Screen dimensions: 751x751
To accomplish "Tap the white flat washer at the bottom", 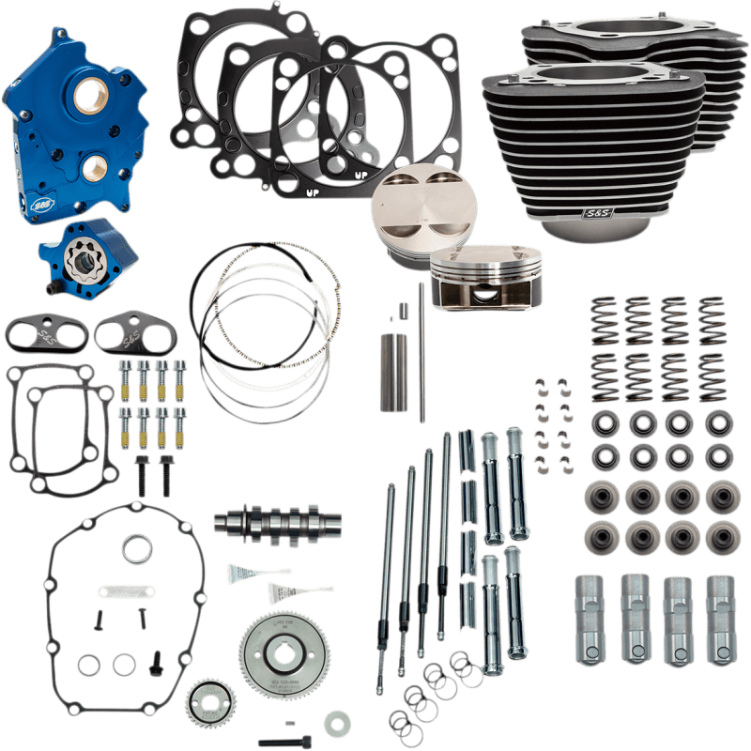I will [331, 724].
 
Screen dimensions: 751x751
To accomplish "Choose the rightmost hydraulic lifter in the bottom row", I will [720, 607].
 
